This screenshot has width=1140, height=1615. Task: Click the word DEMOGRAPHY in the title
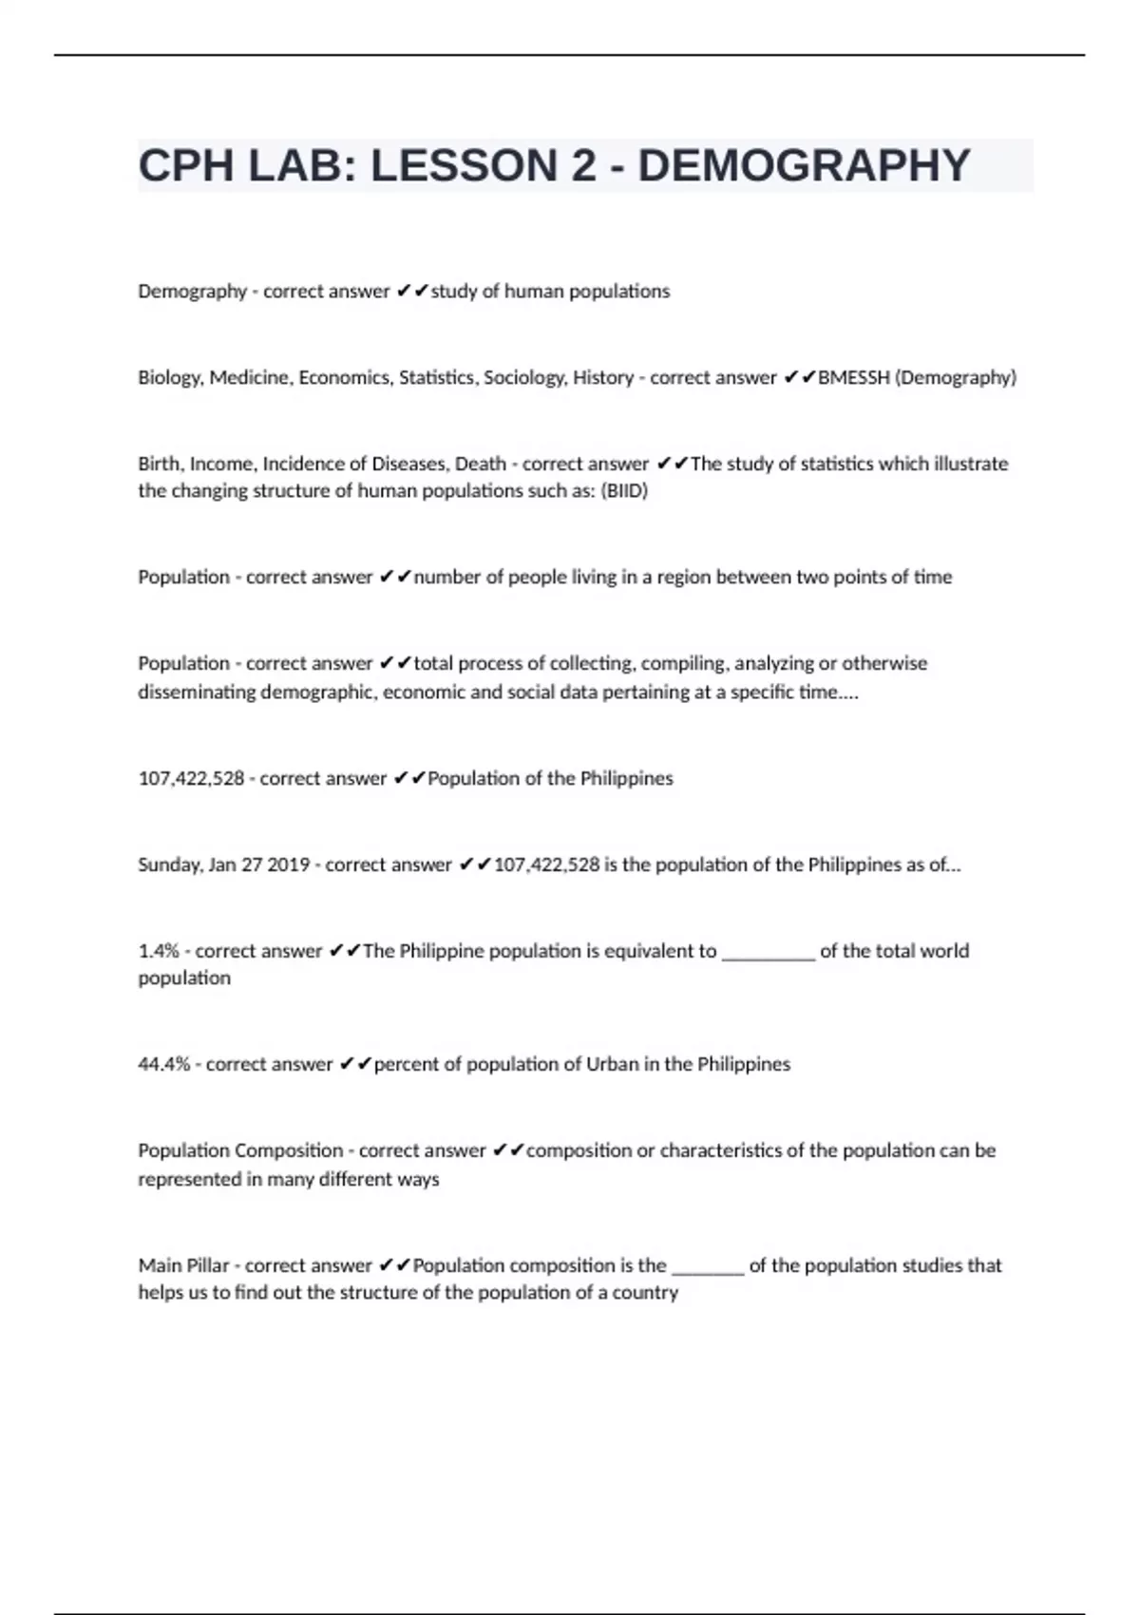point(804,166)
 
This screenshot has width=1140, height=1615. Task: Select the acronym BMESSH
point(854,377)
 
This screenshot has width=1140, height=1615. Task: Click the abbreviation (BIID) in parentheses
point(624,491)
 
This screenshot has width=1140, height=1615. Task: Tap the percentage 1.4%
point(159,951)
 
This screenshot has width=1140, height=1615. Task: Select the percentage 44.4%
point(163,1064)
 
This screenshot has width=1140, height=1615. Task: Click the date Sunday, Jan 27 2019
point(224,864)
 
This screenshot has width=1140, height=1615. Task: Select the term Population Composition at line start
point(240,1150)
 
